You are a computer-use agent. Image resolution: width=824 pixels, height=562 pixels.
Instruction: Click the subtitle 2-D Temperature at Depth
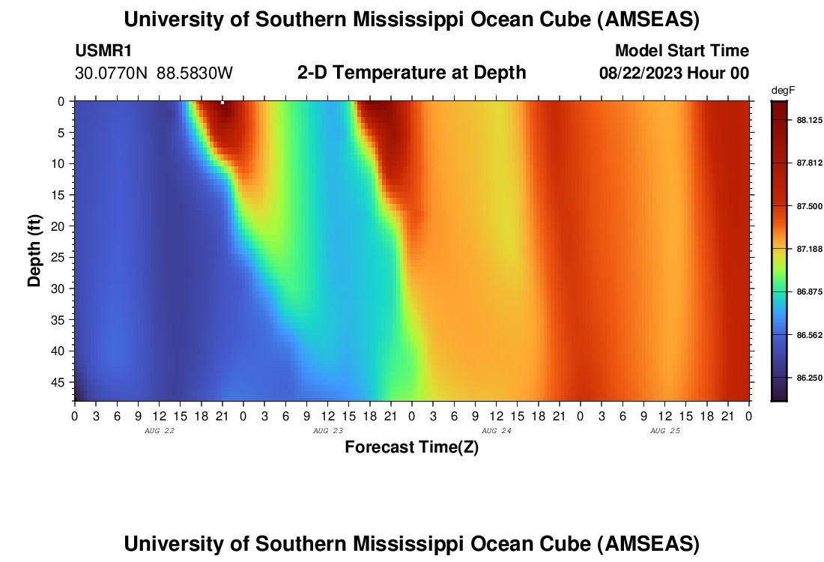pos(411,73)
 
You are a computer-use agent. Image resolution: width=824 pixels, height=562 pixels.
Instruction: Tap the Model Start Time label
pos(681,51)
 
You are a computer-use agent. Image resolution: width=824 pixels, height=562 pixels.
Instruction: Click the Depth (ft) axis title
pos(34,250)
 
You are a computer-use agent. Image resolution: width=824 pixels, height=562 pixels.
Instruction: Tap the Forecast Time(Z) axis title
pos(411,447)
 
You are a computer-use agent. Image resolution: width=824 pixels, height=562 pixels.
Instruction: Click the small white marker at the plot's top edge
pos(222,102)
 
